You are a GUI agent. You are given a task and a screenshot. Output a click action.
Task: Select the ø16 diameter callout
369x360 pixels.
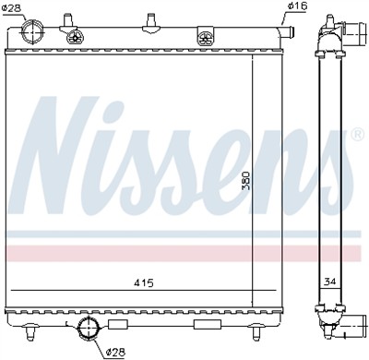[x=296, y=7]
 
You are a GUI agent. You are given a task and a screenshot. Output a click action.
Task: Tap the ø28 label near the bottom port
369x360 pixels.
[x=115, y=352]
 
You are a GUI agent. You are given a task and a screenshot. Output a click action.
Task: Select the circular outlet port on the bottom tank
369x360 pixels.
[x=89, y=331]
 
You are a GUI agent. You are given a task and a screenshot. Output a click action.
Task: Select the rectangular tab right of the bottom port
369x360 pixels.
[x=117, y=326]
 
